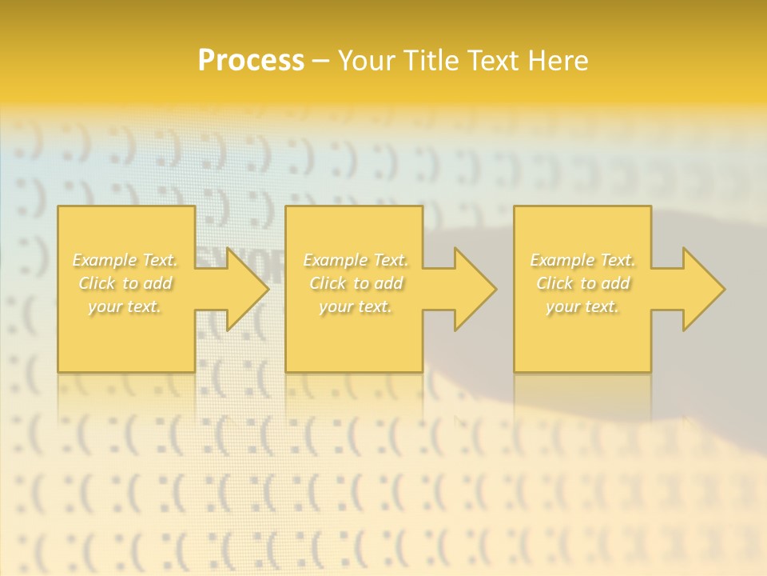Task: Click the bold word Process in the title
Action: click(251, 61)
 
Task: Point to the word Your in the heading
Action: click(369, 61)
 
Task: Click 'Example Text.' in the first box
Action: click(125, 260)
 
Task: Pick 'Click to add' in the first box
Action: click(125, 283)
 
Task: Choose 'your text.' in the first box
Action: click(125, 306)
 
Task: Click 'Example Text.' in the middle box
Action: click(356, 260)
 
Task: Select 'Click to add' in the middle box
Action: click(356, 283)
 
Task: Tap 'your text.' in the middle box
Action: click(356, 306)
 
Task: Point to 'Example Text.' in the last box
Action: click(582, 260)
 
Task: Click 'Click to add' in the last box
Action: click(582, 283)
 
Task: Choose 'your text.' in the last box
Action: click(582, 306)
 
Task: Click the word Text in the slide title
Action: click(492, 61)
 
